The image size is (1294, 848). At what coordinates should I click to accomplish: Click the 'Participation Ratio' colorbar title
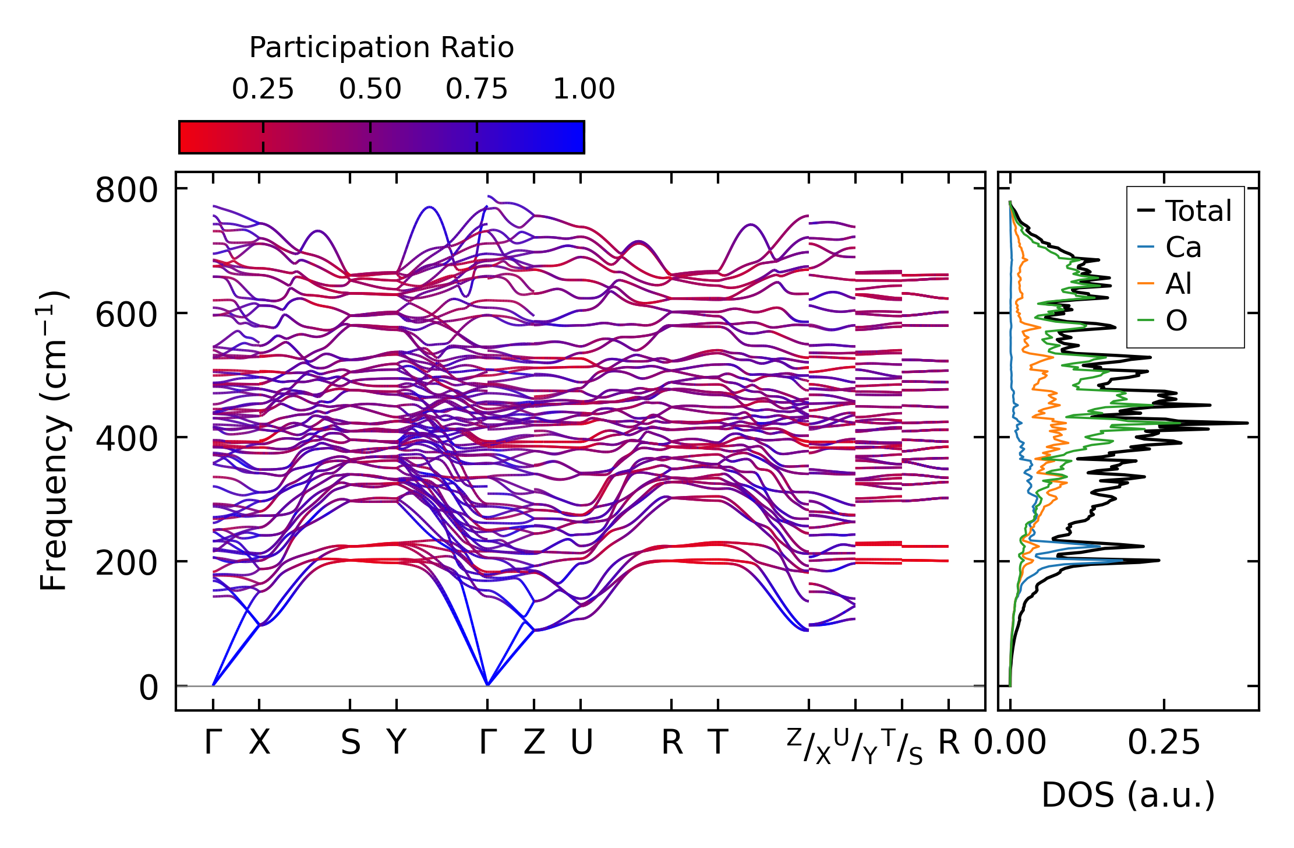click(381, 47)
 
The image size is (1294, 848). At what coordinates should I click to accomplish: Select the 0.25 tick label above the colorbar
click(263, 89)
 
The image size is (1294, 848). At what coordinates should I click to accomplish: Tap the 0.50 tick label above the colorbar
click(370, 89)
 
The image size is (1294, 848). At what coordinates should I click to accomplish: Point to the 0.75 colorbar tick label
click(476, 89)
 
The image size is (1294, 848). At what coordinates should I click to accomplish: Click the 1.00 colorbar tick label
click(584, 89)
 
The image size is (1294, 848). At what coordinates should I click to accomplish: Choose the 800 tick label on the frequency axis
click(126, 190)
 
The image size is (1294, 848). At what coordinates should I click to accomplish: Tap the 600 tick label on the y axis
click(126, 315)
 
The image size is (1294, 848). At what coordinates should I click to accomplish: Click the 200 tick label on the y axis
click(126, 563)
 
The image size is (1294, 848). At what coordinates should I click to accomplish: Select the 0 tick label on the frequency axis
click(149, 688)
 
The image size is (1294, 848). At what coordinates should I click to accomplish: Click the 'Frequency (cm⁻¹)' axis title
click(54, 441)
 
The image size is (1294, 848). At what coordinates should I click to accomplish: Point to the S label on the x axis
click(350, 743)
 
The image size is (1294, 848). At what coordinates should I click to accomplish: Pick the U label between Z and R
click(581, 743)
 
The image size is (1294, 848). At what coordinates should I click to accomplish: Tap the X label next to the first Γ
click(260, 743)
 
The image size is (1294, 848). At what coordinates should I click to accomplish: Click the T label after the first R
click(718, 743)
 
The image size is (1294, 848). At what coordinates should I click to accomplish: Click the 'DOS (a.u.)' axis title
click(1128, 795)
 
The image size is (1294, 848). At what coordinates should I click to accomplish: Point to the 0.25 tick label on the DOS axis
click(1164, 743)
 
